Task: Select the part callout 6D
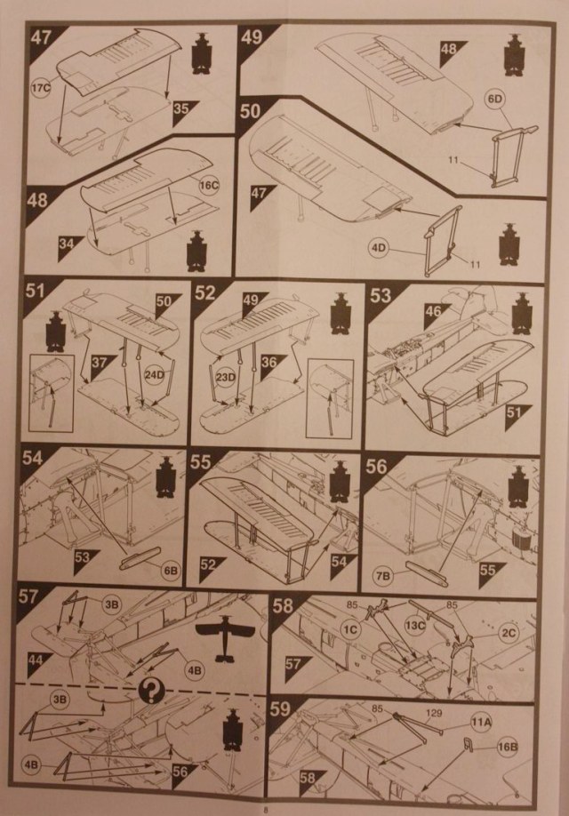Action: [x=494, y=104]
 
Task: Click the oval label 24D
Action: [x=156, y=374]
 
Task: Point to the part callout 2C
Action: [x=509, y=633]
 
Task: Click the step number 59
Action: [x=283, y=709]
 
